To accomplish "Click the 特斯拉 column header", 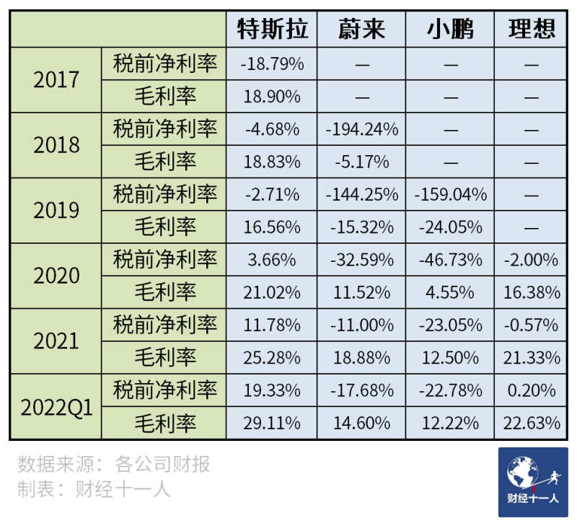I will pyautogui.click(x=272, y=30).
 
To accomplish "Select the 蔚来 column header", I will pyautogui.click(x=361, y=30).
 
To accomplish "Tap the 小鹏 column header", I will pyautogui.click(x=451, y=30).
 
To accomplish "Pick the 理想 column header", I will pyautogui.click(x=532, y=30).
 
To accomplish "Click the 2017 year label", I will pyautogui.click(x=56, y=79).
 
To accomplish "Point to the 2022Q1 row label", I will pyautogui.click(x=56, y=407).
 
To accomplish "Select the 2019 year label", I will pyautogui.click(x=56, y=211).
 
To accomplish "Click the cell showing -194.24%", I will pyautogui.click(x=361, y=129).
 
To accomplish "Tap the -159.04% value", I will pyautogui.click(x=451, y=195).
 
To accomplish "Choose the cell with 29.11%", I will pyautogui.click(x=272, y=423).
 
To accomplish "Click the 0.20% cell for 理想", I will pyautogui.click(x=532, y=390).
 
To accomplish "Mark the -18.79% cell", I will pyautogui.click(x=272, y=64).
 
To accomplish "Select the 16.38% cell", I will pyautogui.click(x=532, y=292).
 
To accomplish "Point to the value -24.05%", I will pyautogui.click(x=451, y=227).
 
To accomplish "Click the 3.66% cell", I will pyautogui.click(x=272, y=260).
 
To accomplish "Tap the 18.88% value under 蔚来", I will pyautogui.click(x=361, y=358).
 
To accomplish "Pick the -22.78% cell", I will pyautogui.click(x=451, y=390).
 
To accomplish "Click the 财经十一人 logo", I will pyautogui.click(x=532, y=482).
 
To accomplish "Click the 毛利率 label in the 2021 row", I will pyautogui.click(x=165, y=358).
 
